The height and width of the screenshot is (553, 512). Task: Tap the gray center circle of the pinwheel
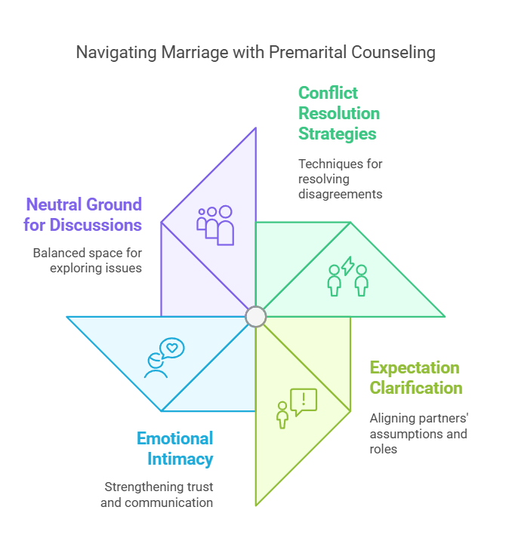pos(256,316)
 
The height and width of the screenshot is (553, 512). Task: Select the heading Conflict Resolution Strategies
pos(338,114)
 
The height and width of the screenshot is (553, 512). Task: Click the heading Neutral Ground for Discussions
pos(84,214)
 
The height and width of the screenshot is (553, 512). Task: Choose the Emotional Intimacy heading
pos(174,448)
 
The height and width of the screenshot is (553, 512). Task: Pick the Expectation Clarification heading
pos(415,378)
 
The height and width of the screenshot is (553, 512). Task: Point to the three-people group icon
pos(215,226)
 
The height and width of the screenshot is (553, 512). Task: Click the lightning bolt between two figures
pos(348,266)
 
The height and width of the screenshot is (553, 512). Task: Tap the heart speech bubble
pos(172,348)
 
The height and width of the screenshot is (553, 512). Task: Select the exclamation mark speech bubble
pos(304,401)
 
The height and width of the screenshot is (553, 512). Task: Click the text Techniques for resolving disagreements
pos(340,179)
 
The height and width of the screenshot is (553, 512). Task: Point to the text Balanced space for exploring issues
pos(87,260)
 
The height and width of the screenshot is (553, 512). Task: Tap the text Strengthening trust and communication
pos(157,495)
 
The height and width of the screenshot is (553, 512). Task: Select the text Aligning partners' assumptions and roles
pos(418,434)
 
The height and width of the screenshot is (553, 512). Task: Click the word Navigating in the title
pos(113,53)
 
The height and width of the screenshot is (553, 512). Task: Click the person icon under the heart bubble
pos(156,365)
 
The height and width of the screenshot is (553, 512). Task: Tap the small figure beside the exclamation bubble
pos(282,416)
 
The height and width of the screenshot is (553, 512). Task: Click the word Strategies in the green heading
pos(337,134)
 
